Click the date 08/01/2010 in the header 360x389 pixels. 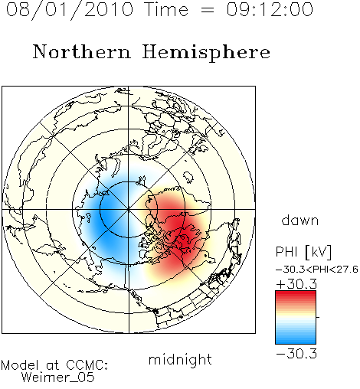pyautogui.click(x=70, y=10)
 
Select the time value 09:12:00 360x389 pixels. pyautogui.click(x=270, y=9)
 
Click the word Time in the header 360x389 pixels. pyautogui.click(x=166, y=9)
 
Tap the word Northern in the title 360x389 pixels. pyautogui.click(x=82, y=52)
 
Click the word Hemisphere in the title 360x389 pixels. pyautogui.click(x=206, y=53)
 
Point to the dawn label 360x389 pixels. pyautogui.click(x=300, y=221)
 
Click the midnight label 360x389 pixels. pyautogui.click(x=180, y=360)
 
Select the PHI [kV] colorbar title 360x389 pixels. pyautogui.click(x=304, y=252)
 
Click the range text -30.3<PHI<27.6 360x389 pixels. pyautogui.click(x=317, y=270)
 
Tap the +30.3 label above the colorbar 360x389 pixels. pyautogui.click(x=296, y=284)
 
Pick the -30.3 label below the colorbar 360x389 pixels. pyautogui.click(x=296, y=354)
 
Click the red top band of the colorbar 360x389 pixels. pyautogui.click(x=296, y=296)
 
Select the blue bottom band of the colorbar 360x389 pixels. pyautogui.click(x=296, y=339)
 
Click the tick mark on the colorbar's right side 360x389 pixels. pyautogui.click(x=318, y=317)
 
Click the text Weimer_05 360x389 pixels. pyautogui.click(x=58, y=378)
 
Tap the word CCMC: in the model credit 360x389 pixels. pyautogui.click(x=87, y=365)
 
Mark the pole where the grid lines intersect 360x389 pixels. pyautogui.click(x=129, y=210)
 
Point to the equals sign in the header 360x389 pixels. pyautogui.click(x=208, y=10)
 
